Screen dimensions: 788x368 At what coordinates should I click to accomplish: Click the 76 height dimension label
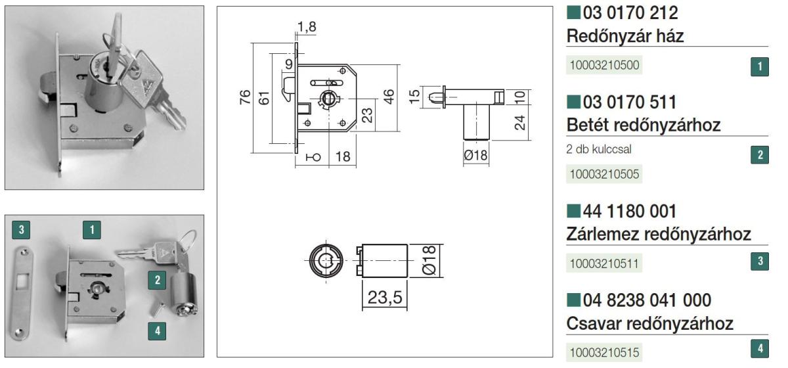click(245, 97)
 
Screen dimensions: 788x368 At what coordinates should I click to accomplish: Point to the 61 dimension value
click(264, 98)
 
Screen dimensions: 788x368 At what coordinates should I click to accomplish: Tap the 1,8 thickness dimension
click(307, 27)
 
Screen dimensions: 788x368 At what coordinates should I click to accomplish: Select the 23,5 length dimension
click(385, 298)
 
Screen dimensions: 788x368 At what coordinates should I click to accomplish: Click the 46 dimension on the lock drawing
click(388, 97)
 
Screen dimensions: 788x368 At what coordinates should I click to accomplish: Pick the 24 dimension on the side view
click(519, 123)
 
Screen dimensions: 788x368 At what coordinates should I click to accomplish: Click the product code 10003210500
click(604, 65)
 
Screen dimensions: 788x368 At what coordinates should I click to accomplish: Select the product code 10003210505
click(604, 174)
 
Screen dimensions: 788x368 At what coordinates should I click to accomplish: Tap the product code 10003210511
click(604, 264)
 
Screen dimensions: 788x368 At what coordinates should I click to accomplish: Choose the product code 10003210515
click(604, 352)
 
